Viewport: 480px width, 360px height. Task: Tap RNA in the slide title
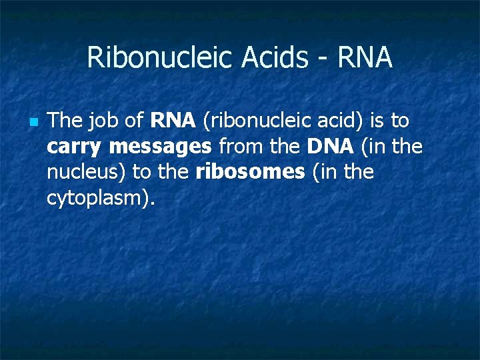365,58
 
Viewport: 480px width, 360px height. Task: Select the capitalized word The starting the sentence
65,121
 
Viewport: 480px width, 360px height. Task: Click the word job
104,122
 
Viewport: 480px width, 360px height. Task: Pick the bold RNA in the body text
173,121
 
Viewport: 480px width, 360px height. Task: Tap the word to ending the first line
400,121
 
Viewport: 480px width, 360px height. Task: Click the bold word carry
75,147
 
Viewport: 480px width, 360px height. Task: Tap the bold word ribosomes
250,172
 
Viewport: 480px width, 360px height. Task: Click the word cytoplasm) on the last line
101,198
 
